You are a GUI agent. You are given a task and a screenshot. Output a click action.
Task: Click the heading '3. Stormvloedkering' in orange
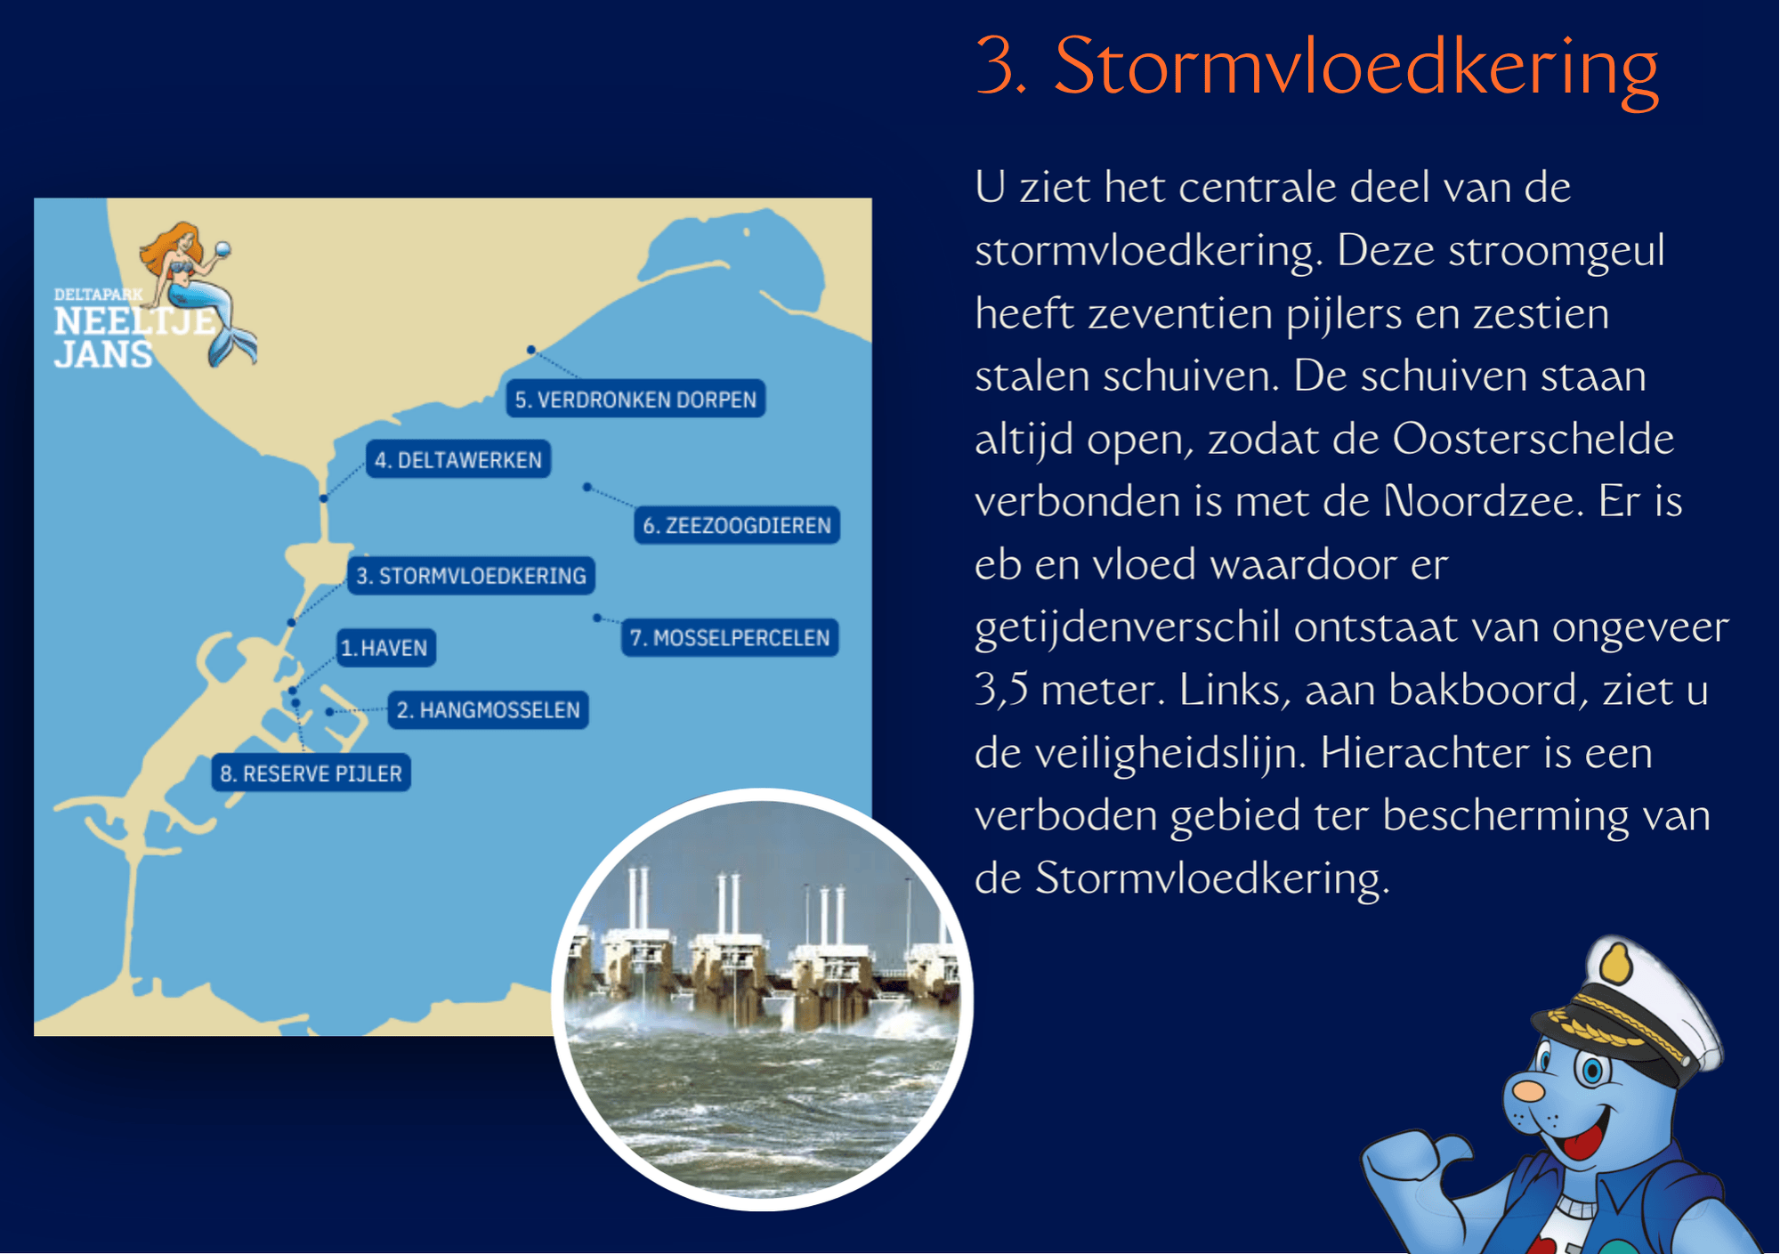click(1316, 68)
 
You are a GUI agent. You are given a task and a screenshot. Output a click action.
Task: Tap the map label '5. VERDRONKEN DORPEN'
click(635, 400)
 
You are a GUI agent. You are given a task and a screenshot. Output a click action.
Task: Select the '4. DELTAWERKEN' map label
click(458, 460)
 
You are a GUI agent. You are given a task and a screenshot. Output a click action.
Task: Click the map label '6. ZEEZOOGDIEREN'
click(737, 525)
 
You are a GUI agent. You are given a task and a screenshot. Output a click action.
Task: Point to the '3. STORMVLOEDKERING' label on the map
click(472, 576)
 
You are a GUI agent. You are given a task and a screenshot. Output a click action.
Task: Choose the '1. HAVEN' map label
click(384, 647)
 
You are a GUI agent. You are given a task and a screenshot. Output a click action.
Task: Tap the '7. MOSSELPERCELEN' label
click(730, 637)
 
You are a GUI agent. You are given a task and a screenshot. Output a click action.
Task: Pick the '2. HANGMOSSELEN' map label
click(489, 710)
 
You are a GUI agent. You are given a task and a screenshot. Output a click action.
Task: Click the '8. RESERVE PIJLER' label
click(311, 773)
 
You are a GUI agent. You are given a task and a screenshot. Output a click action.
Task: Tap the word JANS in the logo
click(103, 354)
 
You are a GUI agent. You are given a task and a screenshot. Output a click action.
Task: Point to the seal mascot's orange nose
click(1529, 1089)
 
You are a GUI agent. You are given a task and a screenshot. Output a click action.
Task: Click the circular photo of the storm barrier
click(763, 999)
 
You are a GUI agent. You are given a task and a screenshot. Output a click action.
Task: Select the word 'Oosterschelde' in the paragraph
click(1533, 439)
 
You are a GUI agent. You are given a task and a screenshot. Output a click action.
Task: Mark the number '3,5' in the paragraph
click(1001, 690)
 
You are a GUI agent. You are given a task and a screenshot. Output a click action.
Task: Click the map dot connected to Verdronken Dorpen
click(531, 350)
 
